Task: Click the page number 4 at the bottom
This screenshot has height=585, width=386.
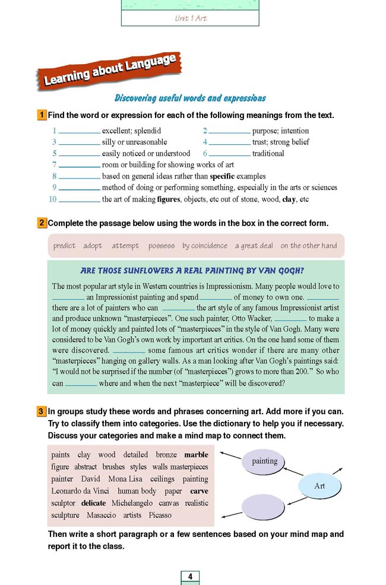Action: tap(190, 577)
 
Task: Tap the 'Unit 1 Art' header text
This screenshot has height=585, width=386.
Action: tap(191, 18)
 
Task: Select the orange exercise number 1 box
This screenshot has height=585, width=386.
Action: tap(42, 115)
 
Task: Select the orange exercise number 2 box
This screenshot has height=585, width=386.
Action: tap(42, 223)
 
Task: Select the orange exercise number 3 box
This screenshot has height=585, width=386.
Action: tap(42, 411)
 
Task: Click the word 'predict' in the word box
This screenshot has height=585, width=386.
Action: tap(64, 246)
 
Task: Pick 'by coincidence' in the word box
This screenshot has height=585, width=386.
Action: tap(204, 246)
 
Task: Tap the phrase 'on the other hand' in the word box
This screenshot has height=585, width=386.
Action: tap(308, 246)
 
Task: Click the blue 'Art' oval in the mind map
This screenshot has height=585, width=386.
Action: tap(319, 486)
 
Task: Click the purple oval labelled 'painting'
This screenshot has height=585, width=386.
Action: tap(265, 461)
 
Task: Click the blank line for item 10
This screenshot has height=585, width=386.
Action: tap(80, 200)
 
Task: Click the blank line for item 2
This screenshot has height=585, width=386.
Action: tap(229, 131)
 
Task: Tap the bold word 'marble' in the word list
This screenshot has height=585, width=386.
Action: tap(196, 455)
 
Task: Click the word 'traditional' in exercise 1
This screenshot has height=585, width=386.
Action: tap(268, 154)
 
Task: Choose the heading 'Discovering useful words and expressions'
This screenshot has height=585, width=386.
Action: tap(190, 98)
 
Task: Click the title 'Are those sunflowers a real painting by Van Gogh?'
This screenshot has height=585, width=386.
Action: tap(196, 271)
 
